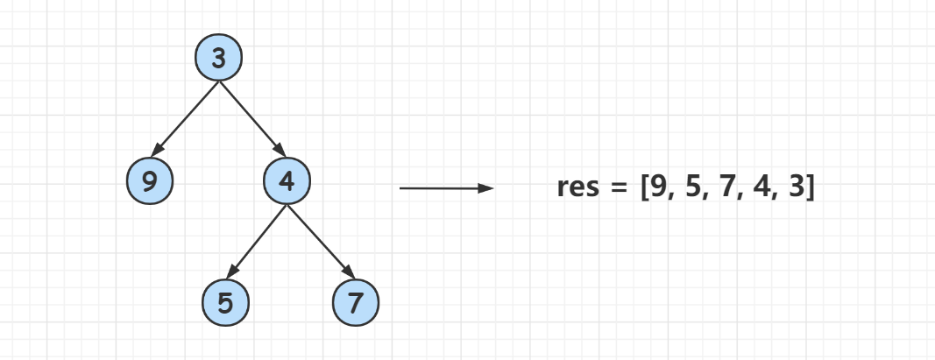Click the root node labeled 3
219,57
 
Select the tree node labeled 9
150,180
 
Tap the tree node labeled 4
287,180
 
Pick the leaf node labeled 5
225,303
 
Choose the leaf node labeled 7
356,303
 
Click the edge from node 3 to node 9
186,118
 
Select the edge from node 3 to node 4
252,118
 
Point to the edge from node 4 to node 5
257,242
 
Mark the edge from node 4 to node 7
321,242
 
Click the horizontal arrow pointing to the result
447,188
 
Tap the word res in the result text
577,187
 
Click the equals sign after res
620,187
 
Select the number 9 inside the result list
658,187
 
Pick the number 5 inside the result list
692,187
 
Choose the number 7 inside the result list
727,187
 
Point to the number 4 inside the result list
761,187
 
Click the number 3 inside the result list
796,187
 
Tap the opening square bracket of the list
645,188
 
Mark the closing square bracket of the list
809,188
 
